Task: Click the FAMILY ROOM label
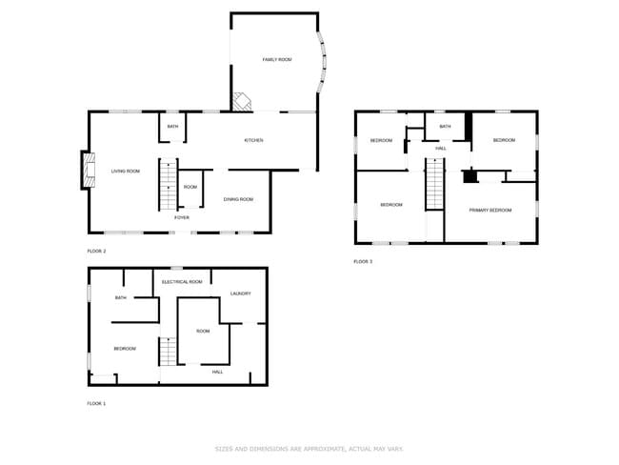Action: (x=277, y=60)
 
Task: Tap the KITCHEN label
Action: (x=253, y=141)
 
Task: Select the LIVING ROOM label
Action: (x=126, y=172)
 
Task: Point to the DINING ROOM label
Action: (x=238, y=199)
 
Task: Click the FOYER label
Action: (x=182, y=218)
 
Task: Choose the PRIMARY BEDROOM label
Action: (x=491, y=211)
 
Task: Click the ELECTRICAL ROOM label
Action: (x=182, y=282)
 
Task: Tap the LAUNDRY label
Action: (x=241, y=293)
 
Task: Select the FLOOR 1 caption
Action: (x=96, y=404)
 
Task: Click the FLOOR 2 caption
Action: (x=96, y=251)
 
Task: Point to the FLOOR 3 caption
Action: (x=363, y=261)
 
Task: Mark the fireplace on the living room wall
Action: (x=86, y=171)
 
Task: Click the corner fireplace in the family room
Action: (x=243, y=100)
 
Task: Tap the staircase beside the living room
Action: (x=167, y=183)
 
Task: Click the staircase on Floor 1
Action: (x=168, y=352)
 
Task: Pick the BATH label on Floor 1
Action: (x=121, y=298)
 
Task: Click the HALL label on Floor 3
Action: (x=441, y=149)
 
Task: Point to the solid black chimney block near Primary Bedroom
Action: (x=469, y=176)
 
